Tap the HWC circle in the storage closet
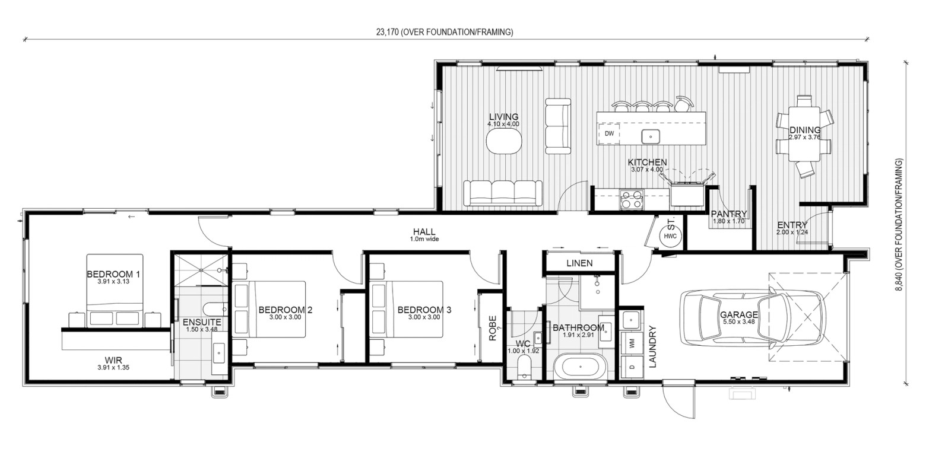point(670,236)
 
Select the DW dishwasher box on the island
point(609,133)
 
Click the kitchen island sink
point(650,136)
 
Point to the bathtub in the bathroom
point(581,367)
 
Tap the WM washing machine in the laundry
point(632,343)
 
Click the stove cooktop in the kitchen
point(631,199)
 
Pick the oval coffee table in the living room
point(503,141)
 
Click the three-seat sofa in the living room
point(503,193)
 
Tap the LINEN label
point(579,263)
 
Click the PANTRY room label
point(729,214)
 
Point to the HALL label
point(424,232)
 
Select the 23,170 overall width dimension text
point(445,32)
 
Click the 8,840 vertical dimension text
point(899,225)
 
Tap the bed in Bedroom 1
point(115,291)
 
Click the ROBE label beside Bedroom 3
point(493,329)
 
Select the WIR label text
point(113,360)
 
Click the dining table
point(804,134)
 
